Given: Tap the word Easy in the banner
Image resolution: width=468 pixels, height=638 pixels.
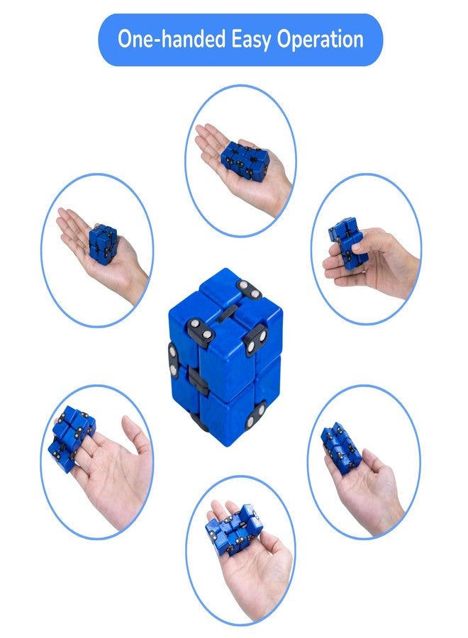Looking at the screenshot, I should [x=252, y=40].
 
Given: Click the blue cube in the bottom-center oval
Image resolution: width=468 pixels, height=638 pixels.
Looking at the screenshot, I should [x=233, y=529].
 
